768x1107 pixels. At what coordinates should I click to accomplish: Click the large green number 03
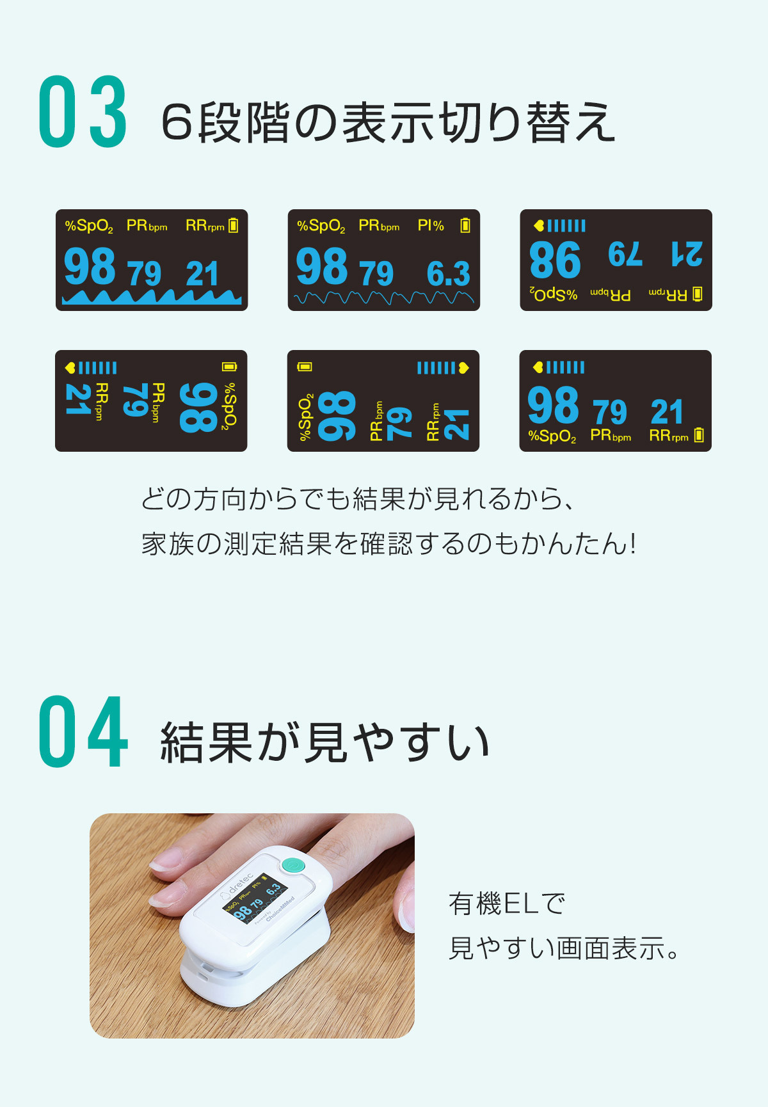click(83, 112)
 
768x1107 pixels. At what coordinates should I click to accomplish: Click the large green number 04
click(83, 731)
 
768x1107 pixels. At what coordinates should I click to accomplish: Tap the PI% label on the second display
click(431, 225)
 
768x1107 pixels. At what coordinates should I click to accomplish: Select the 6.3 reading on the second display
click(449, 274)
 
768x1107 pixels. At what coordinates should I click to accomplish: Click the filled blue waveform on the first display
click(152, 297)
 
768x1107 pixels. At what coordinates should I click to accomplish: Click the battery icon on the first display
click(234, 225)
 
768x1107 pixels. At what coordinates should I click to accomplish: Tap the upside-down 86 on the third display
click(556, 260)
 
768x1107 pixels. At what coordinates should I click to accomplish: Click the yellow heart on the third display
click(539, 225)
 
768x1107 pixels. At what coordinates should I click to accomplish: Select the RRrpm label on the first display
click(205, 225)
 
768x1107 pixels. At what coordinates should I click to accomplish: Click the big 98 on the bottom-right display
click(554, 405)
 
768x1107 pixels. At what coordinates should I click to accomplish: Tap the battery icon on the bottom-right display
click(699, 435)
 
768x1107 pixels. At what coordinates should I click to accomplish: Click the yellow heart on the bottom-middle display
click(463, 367)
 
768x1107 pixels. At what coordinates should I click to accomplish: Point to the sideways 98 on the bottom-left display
click(198, 408)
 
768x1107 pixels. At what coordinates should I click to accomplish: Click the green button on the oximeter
click(294, 866)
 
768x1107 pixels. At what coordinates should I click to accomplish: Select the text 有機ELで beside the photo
click(508, 904)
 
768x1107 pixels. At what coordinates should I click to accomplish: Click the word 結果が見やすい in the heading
click(325, 742)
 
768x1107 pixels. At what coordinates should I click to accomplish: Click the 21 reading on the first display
click(203, 274)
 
